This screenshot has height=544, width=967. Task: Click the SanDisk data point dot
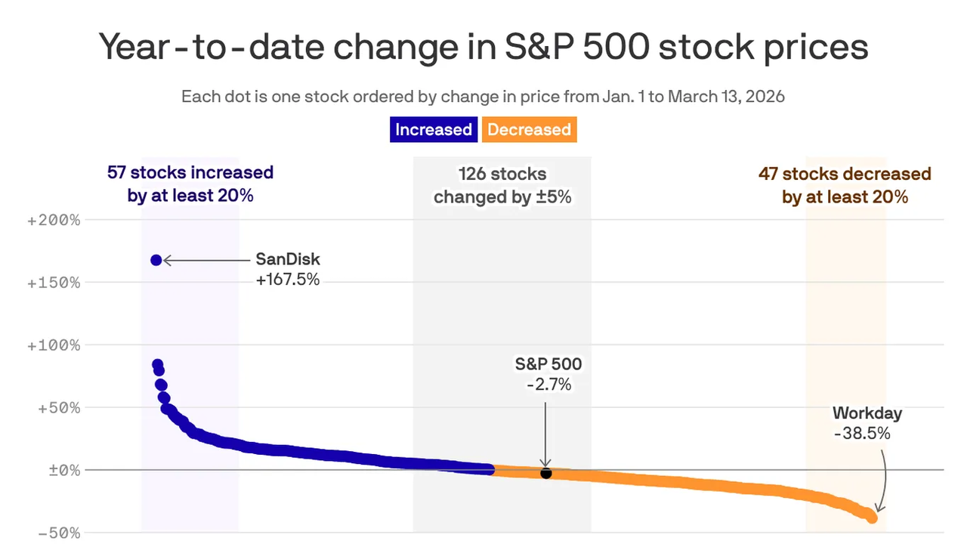[156, 260]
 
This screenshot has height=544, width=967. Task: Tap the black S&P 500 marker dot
[545, 473]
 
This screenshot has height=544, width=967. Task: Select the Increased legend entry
[434, 130]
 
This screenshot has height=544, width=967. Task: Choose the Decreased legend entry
[529, 130]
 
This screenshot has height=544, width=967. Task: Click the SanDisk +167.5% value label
[288, 280]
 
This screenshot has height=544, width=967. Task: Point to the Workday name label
[867, 413]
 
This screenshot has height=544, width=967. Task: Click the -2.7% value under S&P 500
[548, 385]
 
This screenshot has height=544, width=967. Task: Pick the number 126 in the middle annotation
[473, 174]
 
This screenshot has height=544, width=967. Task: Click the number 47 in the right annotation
[768, 174]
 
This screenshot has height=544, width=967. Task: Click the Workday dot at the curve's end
[872, 518]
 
